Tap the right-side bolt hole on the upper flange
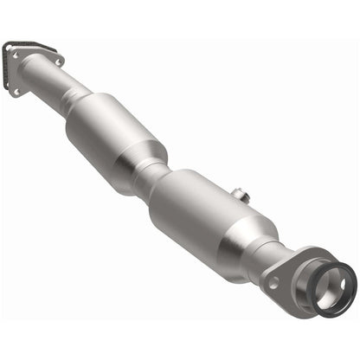57,61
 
